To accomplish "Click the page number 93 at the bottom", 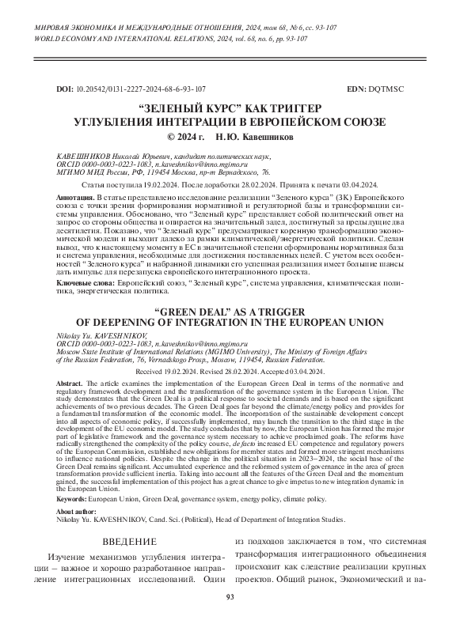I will point(230,619).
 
